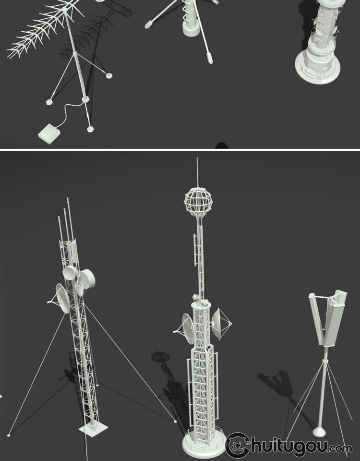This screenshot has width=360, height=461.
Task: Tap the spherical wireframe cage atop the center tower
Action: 198,201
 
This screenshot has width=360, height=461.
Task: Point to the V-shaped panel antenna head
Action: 328,318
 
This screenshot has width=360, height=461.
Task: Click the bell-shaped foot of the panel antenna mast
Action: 319,431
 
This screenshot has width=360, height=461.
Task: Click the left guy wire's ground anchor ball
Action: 9,435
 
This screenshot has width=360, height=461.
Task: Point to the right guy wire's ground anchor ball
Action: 176,422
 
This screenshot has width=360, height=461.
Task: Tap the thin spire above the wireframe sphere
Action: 197,172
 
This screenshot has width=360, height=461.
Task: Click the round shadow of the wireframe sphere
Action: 160,357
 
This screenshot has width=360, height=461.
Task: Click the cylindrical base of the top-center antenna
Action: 191,29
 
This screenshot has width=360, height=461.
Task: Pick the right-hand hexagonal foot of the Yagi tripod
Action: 109,75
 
